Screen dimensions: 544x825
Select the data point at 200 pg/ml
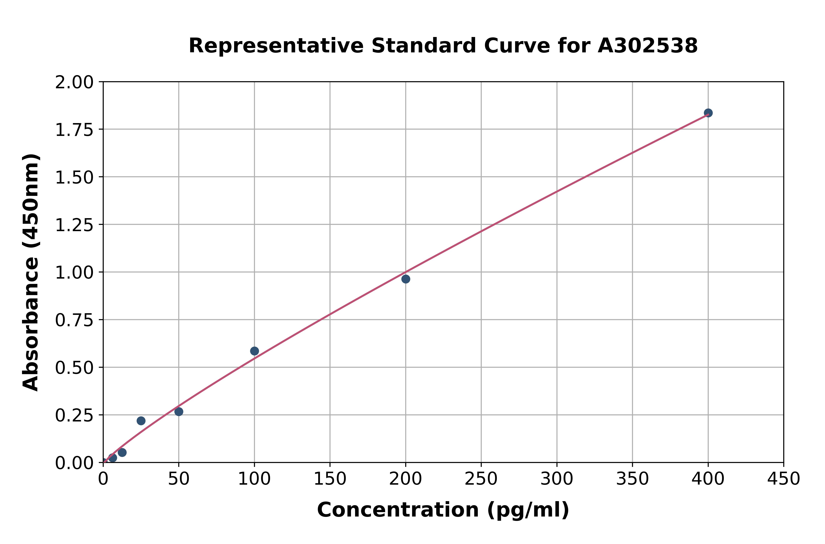point(406,279)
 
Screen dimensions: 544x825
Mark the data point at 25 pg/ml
point(141,421)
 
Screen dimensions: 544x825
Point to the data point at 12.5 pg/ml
point(122,452)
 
